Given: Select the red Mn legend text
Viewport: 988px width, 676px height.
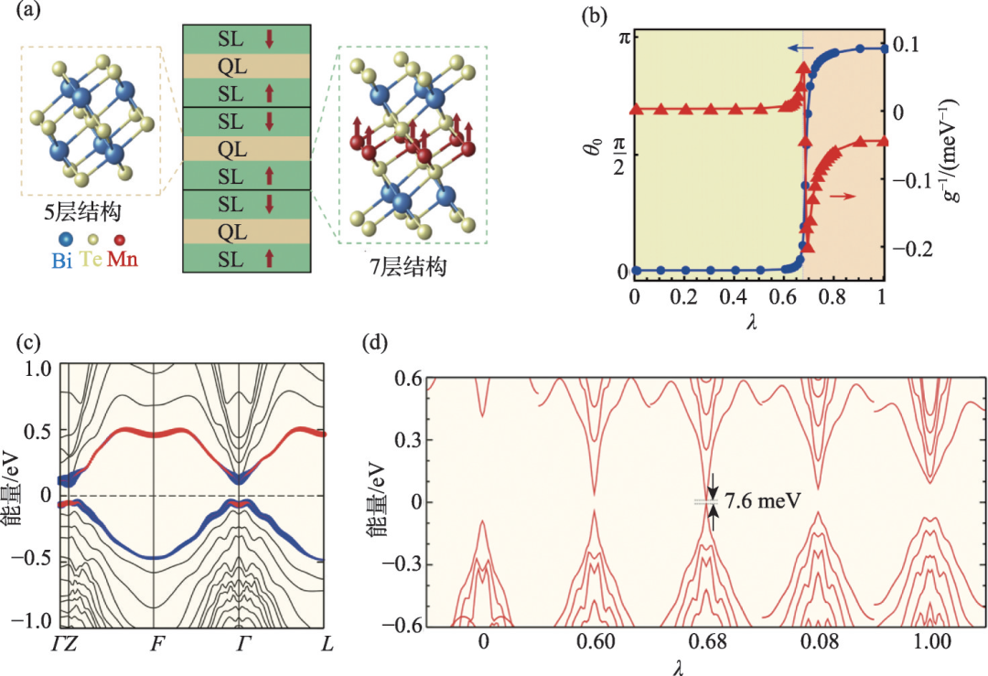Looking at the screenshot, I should [x=123, y=261].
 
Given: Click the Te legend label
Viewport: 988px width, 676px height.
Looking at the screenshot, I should [x=91, y=261].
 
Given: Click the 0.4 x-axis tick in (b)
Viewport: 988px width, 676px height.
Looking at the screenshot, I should [x=734, y=299].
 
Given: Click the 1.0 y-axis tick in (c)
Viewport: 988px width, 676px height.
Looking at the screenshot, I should [x=36, y=368].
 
